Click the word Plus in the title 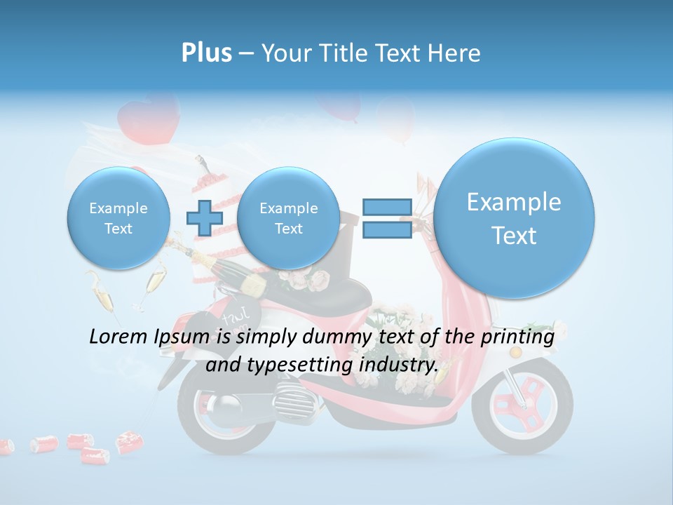(206, 53)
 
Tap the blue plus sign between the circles (204, 217)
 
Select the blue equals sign (387, 218)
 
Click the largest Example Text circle (514, 218)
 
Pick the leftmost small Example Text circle (118, 218)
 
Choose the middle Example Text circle (288, 218)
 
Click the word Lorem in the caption (119, 337)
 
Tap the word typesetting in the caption (297, 365)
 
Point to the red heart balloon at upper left (148, 119)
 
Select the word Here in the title (457, 53)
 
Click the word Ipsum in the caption (184, 337)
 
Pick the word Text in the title (399, 53)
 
